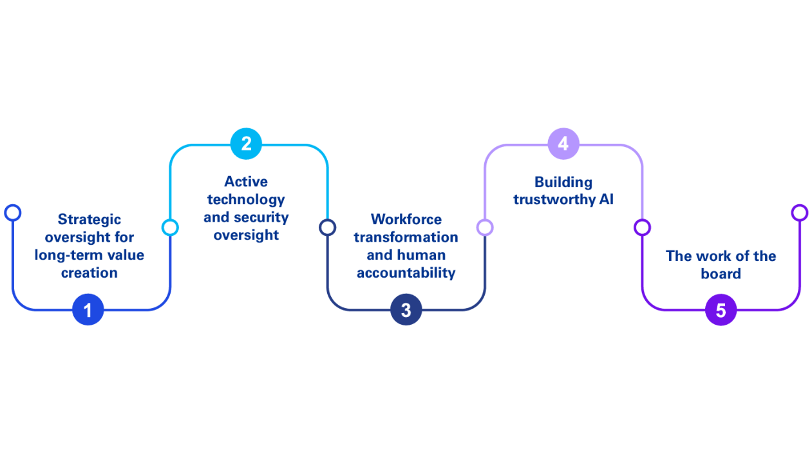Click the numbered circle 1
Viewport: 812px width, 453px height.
coord(88,310)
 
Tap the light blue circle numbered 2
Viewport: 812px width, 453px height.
coord(246,144)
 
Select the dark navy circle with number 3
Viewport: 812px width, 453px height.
coord(406,310)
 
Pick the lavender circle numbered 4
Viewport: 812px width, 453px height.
coord(563,144)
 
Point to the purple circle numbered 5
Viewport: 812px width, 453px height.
coord(721,310)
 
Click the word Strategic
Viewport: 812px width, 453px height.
coord(90,220)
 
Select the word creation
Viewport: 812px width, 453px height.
coord(90,273)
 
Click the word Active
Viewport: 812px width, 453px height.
coord(246,182)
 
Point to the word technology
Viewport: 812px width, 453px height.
coord(246,199)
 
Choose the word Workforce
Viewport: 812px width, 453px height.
coord(406,219)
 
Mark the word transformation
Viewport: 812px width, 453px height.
coord(406,237)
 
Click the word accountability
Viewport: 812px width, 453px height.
coord(406,273)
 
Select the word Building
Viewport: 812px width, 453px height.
coord(563,182)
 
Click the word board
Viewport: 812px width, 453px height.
coord(721,273)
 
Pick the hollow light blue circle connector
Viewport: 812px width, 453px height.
coord(170,227)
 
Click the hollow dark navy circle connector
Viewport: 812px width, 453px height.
coord(328,227)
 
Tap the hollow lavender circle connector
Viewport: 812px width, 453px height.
coord(485,227)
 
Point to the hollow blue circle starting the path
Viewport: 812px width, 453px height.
coord(12,213)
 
